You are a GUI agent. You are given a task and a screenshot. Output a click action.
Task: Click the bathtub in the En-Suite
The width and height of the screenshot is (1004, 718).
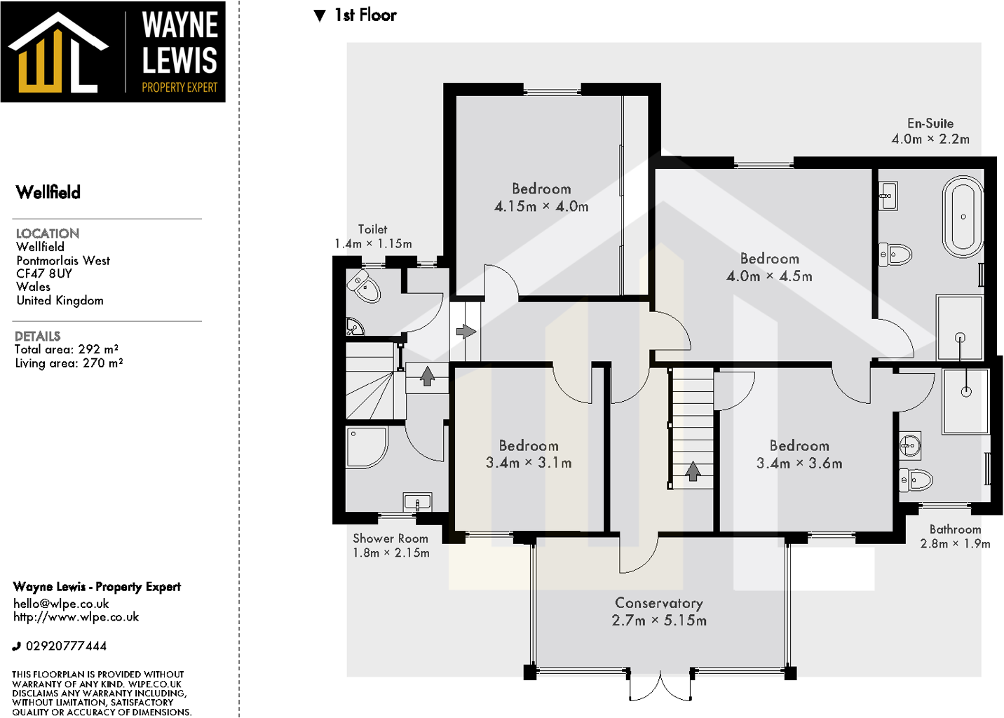963,217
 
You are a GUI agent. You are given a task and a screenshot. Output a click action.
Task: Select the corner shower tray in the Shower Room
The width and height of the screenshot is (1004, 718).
365,447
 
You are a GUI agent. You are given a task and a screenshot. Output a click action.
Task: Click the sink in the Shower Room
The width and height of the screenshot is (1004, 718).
417,502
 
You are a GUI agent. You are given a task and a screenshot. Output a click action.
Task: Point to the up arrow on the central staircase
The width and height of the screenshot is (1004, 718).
693,471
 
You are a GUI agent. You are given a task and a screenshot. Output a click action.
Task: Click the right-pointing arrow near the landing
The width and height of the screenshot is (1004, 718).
466,331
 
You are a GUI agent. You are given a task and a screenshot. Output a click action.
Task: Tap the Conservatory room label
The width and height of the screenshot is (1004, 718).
658,603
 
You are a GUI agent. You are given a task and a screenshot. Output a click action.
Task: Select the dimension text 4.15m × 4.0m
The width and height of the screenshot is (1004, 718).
541,206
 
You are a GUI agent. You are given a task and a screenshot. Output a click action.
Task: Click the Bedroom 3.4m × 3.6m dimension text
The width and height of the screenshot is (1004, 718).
799,463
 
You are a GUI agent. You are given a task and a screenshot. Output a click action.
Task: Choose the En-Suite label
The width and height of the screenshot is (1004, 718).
930,123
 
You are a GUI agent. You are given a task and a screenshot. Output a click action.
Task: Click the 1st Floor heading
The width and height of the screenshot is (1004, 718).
365,15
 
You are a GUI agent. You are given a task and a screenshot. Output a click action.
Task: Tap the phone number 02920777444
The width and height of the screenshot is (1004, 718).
66,646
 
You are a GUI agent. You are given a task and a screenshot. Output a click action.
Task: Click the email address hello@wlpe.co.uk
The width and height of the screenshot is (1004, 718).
61,604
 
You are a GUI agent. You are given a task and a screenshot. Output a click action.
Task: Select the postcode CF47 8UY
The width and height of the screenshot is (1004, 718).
44,273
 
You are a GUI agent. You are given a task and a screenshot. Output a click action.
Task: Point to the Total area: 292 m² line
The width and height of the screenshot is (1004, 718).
67,349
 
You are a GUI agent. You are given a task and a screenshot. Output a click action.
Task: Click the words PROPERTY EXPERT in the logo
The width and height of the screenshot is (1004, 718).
179,88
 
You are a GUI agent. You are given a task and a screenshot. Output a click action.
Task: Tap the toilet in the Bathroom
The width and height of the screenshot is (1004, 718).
917,480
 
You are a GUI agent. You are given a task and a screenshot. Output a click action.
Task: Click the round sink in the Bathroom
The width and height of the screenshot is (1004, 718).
910,445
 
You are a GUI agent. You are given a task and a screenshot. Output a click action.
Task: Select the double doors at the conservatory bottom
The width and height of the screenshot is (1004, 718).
660,688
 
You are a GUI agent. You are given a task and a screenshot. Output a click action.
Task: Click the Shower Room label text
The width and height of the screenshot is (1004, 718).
391,538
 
